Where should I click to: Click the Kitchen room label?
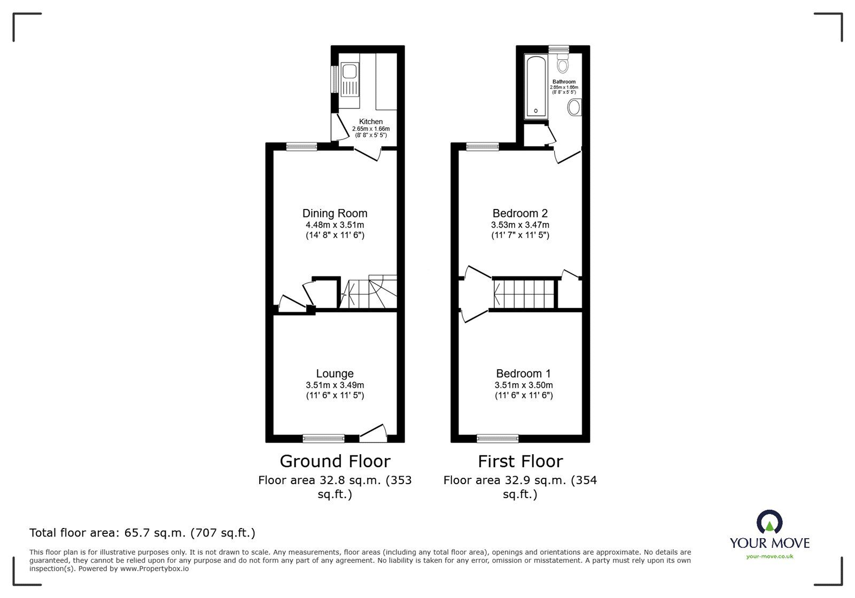370,122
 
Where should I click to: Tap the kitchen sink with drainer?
349,80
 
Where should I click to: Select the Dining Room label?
335,213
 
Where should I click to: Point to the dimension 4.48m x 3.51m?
335,225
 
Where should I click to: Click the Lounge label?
335,374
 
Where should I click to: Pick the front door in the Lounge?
373,433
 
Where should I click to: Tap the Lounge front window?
323,439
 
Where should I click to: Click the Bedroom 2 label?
520,213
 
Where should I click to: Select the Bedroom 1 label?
523,374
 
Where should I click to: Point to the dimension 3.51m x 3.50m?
523,385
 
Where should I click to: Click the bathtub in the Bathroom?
535,86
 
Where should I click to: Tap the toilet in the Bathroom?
562,65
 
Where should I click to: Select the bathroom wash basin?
574,107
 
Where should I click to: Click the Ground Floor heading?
335,461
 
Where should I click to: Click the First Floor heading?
520,461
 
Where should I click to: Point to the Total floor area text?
142,533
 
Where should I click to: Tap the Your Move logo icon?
770,522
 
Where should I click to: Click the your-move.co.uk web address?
770,556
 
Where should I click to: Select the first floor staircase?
524,293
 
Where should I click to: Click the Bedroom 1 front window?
498,439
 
